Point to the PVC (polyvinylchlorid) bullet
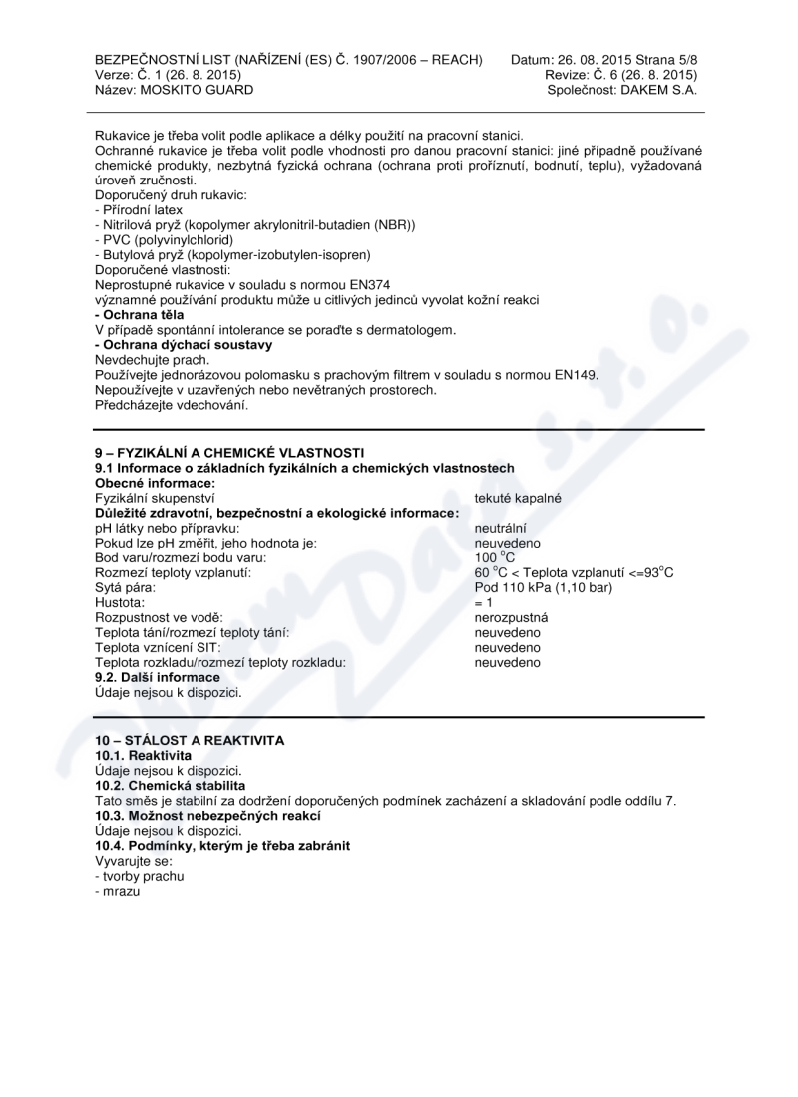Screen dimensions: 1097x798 pos(164,240)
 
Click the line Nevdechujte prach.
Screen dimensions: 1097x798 pos(152,360)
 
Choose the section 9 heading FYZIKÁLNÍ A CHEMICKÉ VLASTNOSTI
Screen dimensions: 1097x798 pos(229,453)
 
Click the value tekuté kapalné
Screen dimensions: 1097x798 pos(517,498)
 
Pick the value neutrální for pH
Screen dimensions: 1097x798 pos(501,528)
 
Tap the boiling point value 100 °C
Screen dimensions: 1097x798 pos(494,557)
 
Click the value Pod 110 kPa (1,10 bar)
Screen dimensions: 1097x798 pos(543,587)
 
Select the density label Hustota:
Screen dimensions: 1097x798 pos(119,602)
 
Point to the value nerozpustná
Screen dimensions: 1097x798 pos(511,617)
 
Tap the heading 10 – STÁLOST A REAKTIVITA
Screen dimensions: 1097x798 pos(190,740)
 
